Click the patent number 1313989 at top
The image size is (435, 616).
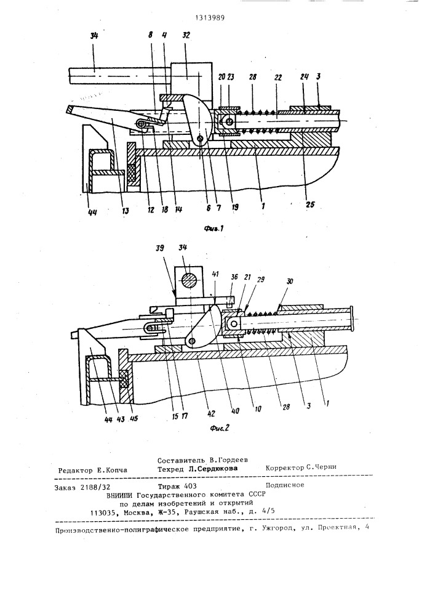point(210,18)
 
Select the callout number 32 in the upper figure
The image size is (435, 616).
point(186,35)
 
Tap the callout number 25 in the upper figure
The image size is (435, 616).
point(310,205)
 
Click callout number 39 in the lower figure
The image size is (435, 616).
point(159,249)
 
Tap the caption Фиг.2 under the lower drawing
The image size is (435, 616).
point(219,428)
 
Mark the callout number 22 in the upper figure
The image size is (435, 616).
point(278,78)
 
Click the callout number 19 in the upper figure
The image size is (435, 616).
point(234,206)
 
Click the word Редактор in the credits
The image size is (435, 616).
point(74,470)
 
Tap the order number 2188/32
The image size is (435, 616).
point(96,487)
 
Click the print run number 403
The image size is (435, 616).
point(190,486)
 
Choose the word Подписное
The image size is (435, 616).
point(285,485)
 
